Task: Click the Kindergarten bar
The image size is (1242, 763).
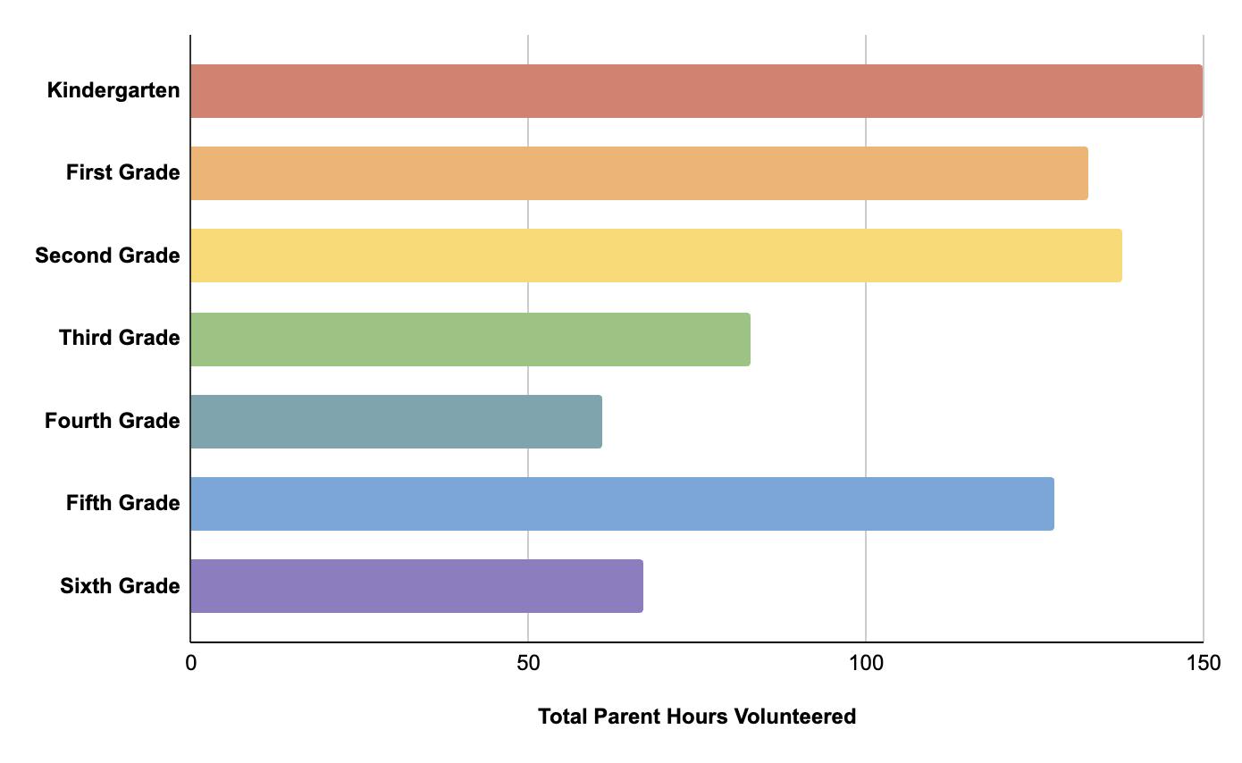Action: (696, 91)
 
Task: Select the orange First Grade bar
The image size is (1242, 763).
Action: (639, 173)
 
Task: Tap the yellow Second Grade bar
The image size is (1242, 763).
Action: (656, 256)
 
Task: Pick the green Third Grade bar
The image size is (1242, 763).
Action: (470, 339)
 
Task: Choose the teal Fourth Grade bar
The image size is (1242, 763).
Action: (396, 421)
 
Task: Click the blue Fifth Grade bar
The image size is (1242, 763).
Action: (622, 504)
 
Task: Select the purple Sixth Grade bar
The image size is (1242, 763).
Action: (416, 586)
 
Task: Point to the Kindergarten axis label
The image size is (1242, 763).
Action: (113, 90)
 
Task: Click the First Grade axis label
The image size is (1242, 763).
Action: (122, 172)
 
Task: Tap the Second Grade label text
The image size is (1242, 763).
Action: (107, 256)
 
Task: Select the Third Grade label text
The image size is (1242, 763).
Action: (119, 338)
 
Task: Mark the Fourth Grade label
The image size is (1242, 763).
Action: (112, 421)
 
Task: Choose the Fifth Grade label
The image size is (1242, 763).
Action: (122, 503)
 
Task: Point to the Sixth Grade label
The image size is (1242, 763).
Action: (120, 586)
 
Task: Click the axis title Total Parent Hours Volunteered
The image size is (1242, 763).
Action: (696, 717)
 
